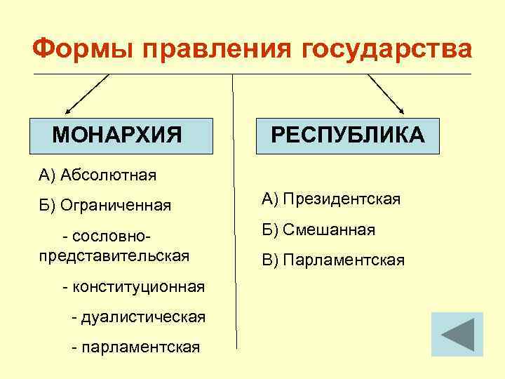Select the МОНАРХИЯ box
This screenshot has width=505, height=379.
tap(121, 134)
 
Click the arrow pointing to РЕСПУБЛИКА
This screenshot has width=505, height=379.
tap(386, 93)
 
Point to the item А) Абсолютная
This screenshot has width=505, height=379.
tap(97, 174)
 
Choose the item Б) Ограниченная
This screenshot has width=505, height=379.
tap(105, 205)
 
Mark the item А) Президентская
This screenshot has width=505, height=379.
tap(331, 200)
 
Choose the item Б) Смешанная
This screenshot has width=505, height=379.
tap(318, 230)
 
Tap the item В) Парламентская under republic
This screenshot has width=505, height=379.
tap(333, 260)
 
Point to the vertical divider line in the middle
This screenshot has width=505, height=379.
tap(234, 211)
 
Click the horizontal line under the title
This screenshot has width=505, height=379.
tap(252, 74)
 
